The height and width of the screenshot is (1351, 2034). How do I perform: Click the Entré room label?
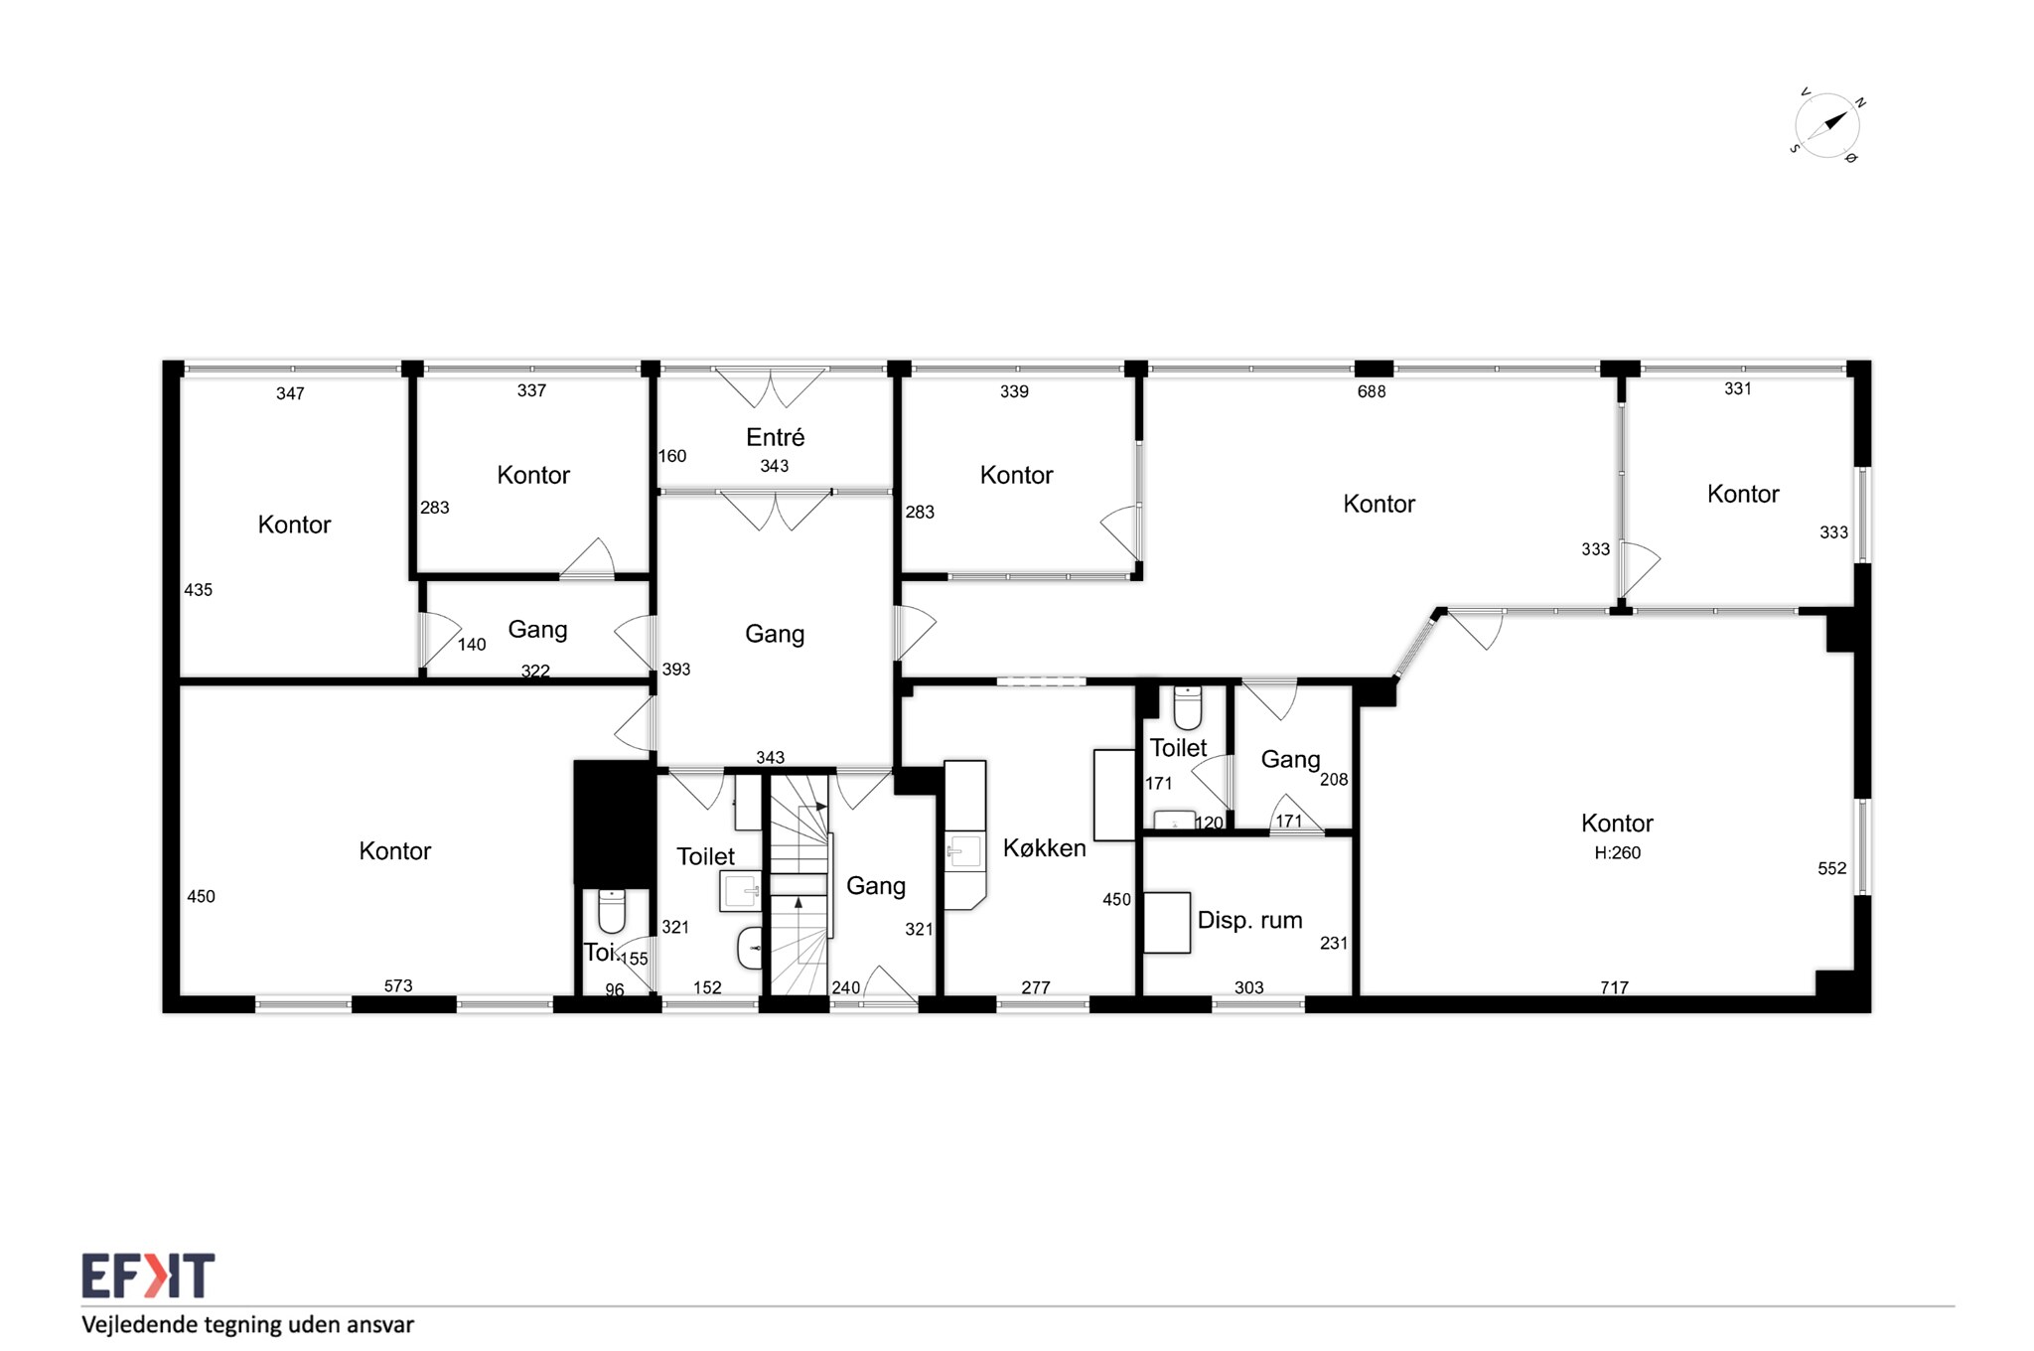coord(775,437)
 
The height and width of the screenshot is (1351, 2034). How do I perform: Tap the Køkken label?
coord(1044,847)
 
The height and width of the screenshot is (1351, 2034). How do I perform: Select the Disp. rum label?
coord(1249,921)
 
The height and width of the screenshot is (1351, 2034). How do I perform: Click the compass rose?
coord(1827,126)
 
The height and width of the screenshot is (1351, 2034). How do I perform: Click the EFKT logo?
coord(148,1276)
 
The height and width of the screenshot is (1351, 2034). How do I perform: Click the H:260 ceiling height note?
coord(1617,852)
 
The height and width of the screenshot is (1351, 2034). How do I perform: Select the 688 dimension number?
coord(1372,391)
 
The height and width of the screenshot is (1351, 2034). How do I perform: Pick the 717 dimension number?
coord(1614,987)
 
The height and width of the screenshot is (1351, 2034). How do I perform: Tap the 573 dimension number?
coord(398,985)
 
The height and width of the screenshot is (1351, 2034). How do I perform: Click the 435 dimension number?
coord(199,590)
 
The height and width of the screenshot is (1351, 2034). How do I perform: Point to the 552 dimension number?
coord(1832,868)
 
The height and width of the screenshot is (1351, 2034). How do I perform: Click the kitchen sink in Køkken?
coord(963,851)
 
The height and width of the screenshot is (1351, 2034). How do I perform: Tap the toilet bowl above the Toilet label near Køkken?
coord(1188,707)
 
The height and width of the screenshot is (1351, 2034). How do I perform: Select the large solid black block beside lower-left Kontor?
coord(615,824)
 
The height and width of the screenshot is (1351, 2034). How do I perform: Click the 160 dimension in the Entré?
coord(672,456)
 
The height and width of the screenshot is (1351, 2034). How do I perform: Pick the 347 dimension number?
coord(290,393)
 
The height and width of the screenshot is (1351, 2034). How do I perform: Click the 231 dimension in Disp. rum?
coord(1334,943)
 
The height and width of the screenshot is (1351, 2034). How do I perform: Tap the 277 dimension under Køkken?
coord(1036,987)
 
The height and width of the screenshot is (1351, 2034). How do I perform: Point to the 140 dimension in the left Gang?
coord(472,645)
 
